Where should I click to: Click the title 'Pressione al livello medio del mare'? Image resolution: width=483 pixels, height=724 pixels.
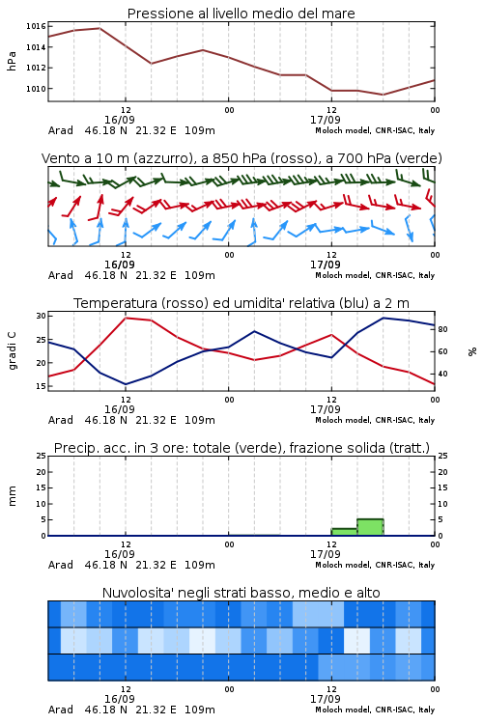pos(241,14)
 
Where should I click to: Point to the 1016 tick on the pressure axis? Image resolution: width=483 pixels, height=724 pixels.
pos(36,26)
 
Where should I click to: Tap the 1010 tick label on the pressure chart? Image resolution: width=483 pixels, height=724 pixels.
pos(36,89)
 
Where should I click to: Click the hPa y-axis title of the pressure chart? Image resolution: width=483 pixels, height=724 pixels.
pos(12,61)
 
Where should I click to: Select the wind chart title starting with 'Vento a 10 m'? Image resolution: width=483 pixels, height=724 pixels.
pos(241,158)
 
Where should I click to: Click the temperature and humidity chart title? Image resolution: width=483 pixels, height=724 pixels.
pos(241,303)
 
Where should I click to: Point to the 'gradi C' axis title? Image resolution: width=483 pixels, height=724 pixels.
pos(12,350)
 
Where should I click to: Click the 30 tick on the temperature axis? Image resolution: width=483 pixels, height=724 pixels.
pos(42,316)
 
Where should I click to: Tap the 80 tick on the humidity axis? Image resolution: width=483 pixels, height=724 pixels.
pos(442,330)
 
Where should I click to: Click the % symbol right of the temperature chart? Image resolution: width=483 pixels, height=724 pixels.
pos(472,351)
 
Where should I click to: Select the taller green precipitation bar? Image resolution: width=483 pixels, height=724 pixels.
pos(370,527)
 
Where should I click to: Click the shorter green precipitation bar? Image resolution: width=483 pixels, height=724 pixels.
pos(344,532)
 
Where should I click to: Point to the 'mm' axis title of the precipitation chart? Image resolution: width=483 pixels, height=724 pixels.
pos(12,496)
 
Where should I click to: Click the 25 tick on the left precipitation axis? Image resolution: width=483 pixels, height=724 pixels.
pos(42,456)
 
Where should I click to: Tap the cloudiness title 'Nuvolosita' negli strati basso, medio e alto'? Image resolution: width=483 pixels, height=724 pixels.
pos(241,593)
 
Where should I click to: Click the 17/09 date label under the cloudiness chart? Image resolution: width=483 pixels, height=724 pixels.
pos(325,699)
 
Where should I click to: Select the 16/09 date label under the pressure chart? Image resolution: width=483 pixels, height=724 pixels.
pos(120,120)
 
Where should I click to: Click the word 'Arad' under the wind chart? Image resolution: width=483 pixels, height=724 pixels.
pos(61,275)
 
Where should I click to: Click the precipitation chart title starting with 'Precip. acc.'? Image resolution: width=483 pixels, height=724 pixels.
pos(241,448)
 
